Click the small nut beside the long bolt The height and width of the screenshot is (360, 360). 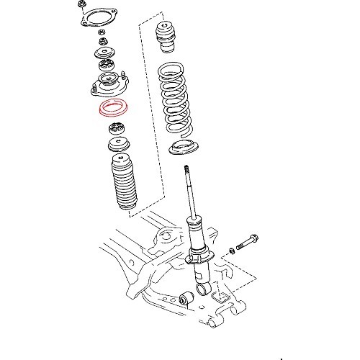click(x=232, y=250)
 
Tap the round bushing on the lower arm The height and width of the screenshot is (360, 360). click(x=189, y=296)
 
